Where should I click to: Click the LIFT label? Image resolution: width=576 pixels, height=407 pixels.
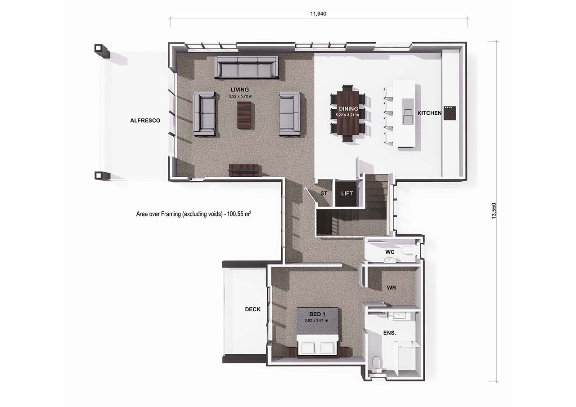(347, 193)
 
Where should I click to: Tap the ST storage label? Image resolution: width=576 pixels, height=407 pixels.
(324, 193)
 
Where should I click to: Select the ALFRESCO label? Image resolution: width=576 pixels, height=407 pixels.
(145, 121)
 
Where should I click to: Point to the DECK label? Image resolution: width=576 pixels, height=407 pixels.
(252, 309)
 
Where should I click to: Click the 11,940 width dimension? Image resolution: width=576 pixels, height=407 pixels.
(318, 13)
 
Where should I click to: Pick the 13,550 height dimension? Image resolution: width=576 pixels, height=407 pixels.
(494, 211)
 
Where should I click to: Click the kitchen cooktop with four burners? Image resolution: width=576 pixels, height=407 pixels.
(450, 113)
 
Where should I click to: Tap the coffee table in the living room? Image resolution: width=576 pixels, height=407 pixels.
(244, 115)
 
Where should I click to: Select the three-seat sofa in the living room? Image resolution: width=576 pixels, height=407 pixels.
(246, 67)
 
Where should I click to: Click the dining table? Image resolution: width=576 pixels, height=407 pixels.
(348, 113)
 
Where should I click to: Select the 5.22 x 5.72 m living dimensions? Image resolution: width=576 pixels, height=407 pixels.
(241, 96)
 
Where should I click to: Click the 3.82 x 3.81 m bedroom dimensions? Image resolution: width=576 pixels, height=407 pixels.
(316, 320)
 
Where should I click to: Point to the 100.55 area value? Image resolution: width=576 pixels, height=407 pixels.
(235, 214)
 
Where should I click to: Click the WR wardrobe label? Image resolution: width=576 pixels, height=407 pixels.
(391, 288)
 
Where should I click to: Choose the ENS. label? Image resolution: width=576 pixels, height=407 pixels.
(390, 333)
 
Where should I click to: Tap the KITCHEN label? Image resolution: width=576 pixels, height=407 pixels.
(429, 113)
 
